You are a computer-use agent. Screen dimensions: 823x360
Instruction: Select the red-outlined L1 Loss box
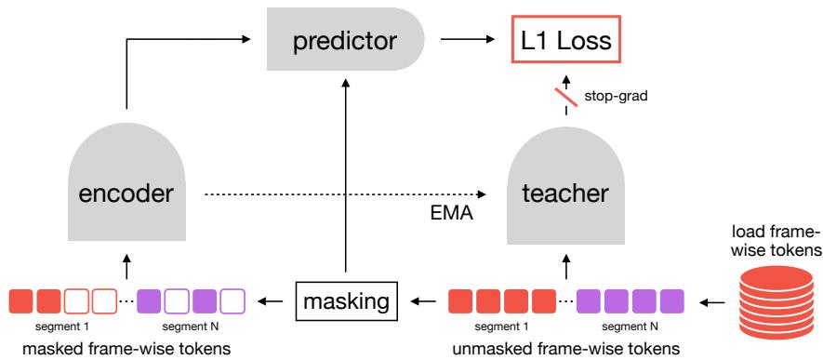(565, 40)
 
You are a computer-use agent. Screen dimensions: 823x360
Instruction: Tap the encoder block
(126, 189)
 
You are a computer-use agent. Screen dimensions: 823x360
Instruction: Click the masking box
(347, 301)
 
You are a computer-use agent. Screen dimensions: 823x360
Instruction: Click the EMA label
(451, 214)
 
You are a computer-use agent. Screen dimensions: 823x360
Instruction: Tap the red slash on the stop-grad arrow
(566, 97)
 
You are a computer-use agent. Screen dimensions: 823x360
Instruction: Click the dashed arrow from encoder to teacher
(345, 194)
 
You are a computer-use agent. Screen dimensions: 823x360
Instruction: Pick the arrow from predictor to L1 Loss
(468, 39)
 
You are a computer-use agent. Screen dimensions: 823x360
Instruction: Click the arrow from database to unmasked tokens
(712, 301)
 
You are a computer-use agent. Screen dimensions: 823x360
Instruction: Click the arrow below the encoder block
(126, 266)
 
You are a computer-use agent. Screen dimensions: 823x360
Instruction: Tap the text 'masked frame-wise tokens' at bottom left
(126, 349)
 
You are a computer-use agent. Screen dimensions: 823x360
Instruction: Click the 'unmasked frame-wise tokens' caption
(565, 349)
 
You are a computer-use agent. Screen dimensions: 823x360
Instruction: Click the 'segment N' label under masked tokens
(191, 327)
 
